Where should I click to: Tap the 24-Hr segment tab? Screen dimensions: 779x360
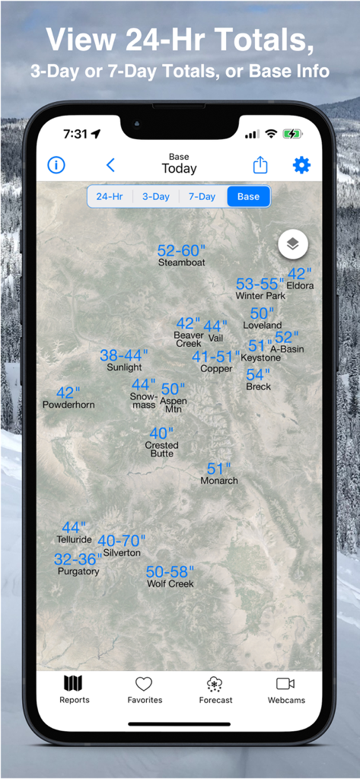110,196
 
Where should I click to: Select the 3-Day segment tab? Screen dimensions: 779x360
156,196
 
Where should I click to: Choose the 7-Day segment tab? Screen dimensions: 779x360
202,196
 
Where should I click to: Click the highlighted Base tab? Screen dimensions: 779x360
248,196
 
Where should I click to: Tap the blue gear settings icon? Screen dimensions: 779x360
301,165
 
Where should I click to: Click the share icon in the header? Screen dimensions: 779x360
260,165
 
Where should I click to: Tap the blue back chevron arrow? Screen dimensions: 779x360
110,165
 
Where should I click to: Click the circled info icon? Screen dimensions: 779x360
56,165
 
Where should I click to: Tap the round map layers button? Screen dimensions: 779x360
293,244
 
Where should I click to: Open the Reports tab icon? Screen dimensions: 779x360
74,683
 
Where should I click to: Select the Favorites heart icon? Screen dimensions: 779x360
144,683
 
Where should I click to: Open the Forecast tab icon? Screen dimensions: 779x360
215,683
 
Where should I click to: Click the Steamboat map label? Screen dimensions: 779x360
181,262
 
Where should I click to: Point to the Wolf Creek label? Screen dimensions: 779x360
170,584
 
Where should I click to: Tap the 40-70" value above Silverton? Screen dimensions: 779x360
121,541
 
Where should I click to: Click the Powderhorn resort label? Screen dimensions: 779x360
68,405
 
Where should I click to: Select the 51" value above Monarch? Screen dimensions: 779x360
218,469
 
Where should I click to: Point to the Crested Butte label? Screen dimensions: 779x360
161,449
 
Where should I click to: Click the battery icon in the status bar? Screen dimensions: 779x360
292,134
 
